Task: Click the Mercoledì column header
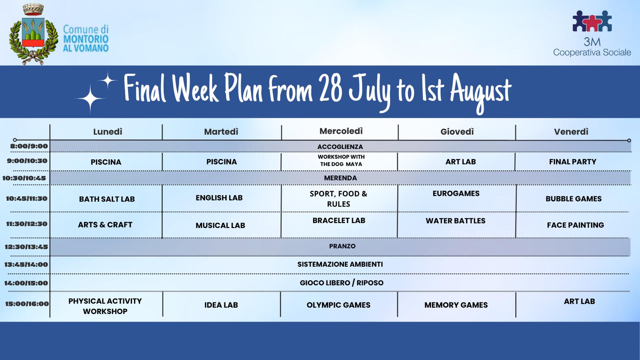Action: click(341, 131)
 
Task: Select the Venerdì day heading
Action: click(571, 132)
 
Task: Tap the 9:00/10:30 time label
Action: click(27, 161)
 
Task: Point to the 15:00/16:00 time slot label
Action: click(27, 304)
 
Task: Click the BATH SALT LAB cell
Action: click(107, 199)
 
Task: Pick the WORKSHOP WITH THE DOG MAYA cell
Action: click(341, 160)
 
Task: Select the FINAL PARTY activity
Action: click(572, 162)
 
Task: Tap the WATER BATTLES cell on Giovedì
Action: click(456, 220)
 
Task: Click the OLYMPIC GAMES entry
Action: click(338, 305)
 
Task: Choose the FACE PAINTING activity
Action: click(576, 225)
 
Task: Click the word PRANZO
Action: click(342, 246)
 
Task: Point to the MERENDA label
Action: click(340, 178)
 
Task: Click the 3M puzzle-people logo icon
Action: click(592, 21)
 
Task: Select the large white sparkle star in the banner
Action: click(90, 98)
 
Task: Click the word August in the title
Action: click(481, 93)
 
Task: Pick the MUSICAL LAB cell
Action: click(220, 226)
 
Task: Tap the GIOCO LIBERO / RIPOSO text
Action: click(342, 283)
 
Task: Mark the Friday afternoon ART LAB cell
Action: click(579, 301)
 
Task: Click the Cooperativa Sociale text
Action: click(592, 52)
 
